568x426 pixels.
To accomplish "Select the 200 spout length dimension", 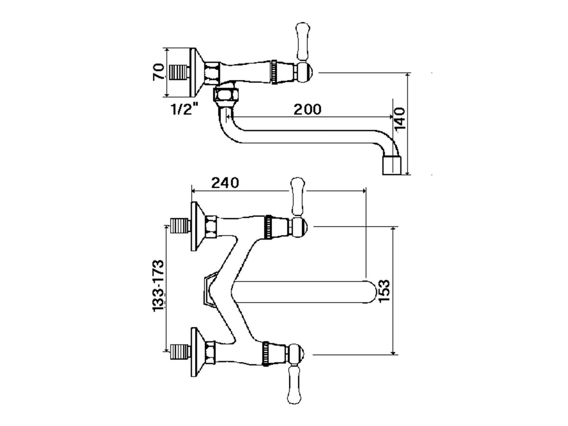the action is (x=307, y=109).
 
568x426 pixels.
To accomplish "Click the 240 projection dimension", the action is (x=225, y=183).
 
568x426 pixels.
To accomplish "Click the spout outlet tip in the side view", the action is (x=392, y=165).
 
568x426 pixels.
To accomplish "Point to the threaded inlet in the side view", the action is (x=178, y=72).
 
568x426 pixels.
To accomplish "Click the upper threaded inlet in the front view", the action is (x=180, y=226).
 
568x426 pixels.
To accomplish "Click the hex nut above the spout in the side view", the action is (x=226, y=94).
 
